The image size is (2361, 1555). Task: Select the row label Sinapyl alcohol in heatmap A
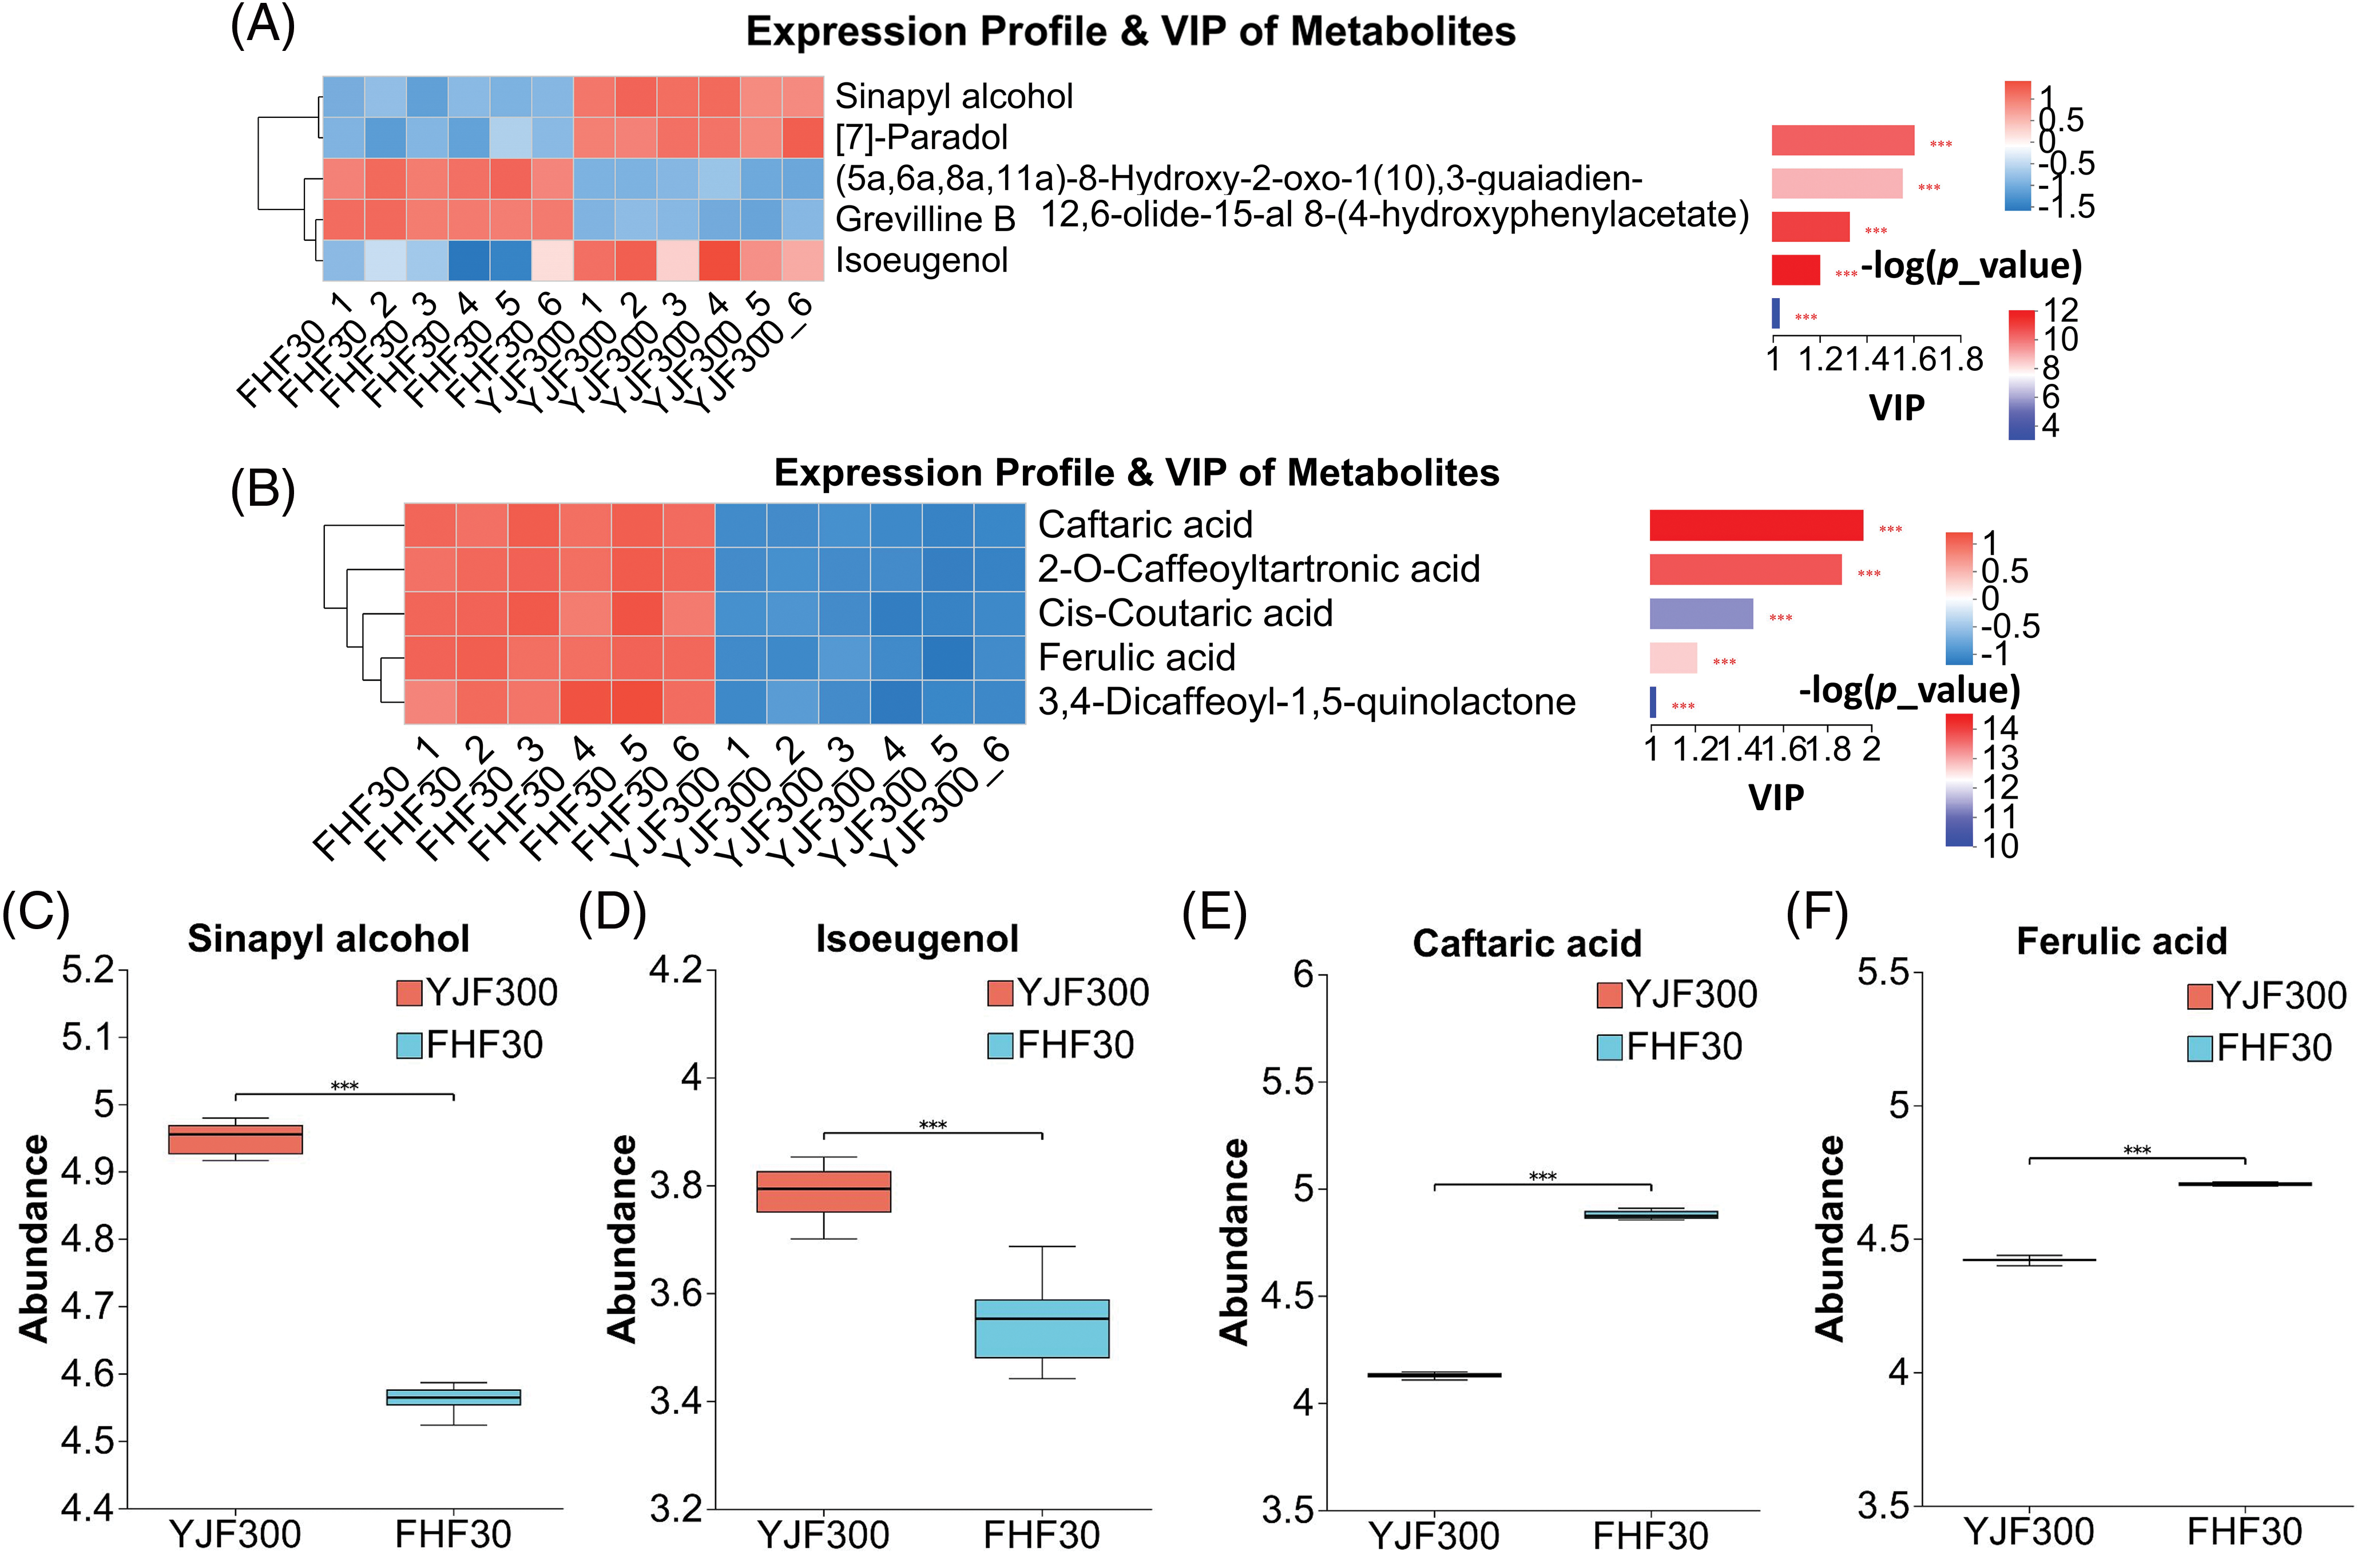click(953, 96)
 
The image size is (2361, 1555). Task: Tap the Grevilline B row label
click(924, 219)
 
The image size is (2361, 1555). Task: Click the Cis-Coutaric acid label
click(1184, 613)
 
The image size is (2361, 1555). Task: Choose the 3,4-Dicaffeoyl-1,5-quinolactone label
click(1306, 701)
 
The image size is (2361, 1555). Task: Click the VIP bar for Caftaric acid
click(1755, 525)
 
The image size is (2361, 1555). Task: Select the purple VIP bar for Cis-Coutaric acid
click(1700, 613)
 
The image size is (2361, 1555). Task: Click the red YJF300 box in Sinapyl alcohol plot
click(235, 1139)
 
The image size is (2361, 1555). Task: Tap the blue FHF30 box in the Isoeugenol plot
click(1042, 1328)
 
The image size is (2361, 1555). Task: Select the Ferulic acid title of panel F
click(2121, 941)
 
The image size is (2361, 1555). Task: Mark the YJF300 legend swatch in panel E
click(1609, 994)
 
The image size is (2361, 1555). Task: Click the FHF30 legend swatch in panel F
click(2199, 1049)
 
